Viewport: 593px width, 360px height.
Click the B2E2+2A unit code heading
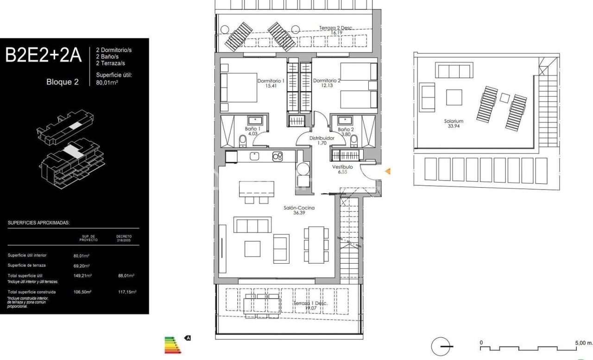43,55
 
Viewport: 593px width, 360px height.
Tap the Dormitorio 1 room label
271,81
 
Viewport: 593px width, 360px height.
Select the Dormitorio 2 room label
327,81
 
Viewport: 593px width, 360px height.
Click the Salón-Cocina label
299,208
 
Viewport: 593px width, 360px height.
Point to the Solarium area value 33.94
453,126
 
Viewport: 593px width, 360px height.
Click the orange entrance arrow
388,171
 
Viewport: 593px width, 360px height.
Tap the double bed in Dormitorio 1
239,87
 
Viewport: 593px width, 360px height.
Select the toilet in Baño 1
242,140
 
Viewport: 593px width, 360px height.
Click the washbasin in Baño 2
345,120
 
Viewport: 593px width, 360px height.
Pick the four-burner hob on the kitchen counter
278,157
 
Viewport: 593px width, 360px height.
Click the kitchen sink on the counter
254,156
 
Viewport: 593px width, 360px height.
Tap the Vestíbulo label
342,166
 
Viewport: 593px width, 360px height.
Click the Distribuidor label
322,138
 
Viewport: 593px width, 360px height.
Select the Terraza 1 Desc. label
310,303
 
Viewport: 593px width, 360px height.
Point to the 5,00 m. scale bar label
583,343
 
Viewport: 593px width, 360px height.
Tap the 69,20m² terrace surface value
82,266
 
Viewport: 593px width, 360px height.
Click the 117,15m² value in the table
126,292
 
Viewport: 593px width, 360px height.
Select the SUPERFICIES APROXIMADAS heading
38,223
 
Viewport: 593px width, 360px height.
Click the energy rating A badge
188,338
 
